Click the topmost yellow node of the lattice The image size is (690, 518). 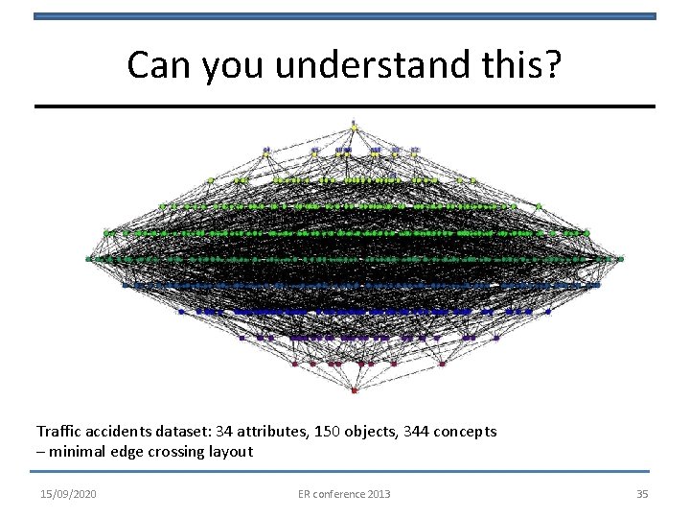(x=354, y=126)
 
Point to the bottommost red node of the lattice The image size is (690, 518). (x=354, y=390)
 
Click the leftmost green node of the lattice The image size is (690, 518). (x=89, y=258)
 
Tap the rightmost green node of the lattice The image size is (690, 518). (x=620, y=259)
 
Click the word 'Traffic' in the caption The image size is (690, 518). (x=58, y=432)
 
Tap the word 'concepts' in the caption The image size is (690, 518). (x=468, y=432)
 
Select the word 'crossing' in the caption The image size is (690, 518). (x=175, y=451)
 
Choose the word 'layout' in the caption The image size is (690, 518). (x=230, y=451)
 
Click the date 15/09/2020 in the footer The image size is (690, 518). (x=68, y=493)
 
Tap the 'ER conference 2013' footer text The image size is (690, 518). (x=344, y=493)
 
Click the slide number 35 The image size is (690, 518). (x=642, y=493)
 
